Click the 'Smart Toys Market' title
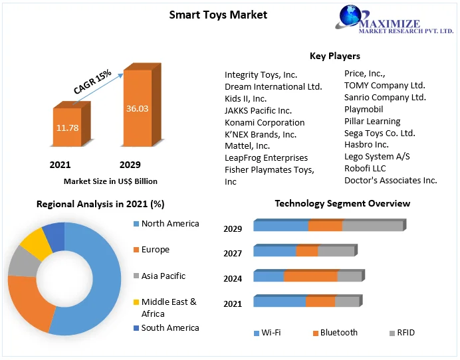[x=218, y=15]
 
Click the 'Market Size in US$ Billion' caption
[x=110, y=181]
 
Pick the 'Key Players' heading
[x=334, y=56]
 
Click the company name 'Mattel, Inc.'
[x=247, y=145]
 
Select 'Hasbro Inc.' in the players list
[x=366, y=144]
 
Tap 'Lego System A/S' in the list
[x=377, y=156]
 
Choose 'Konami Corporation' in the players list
[x=265, y=122]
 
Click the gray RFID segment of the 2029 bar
[x=372, y=226]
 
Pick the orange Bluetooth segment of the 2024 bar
[x=310, y=276]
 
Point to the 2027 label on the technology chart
[x=233, y=254]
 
